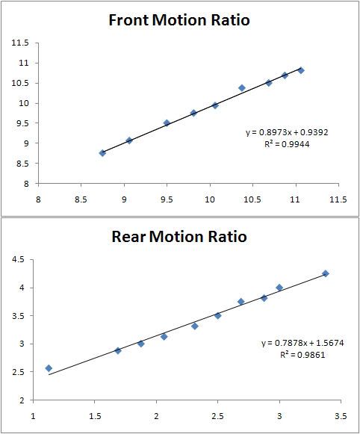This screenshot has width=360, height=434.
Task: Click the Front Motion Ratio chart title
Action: (180, 19)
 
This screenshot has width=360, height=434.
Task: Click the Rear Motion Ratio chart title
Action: (180, 238)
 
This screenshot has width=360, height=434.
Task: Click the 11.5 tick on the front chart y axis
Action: (19, 43)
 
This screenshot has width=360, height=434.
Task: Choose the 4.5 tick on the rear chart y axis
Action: (19, 259)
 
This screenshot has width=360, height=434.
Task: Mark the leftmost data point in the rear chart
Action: (49, 368)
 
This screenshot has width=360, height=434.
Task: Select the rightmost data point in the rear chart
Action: (326, 273)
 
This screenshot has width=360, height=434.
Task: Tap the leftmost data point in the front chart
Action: (102, 152)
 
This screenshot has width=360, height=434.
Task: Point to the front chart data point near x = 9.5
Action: (167, 123)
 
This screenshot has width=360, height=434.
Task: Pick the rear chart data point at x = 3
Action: (279, 288)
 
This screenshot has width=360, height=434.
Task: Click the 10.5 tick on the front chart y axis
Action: (19, 83)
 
